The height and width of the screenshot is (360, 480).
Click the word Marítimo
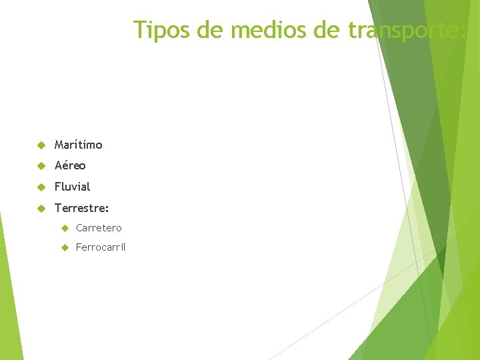79,145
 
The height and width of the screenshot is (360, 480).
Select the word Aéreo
70,165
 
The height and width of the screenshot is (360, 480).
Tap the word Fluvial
72,187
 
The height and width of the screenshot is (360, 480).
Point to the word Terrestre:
81,209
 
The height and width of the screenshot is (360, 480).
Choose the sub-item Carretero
99,228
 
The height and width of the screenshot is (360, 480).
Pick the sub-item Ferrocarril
101,248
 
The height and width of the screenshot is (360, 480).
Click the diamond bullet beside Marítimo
40,145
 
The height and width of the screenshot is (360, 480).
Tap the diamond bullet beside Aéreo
40,165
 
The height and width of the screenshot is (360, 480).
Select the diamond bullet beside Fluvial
40,187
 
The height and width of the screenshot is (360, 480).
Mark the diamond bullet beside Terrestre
40,209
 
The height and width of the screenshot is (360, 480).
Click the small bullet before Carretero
65,228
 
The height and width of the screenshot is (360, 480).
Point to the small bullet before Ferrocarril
65,248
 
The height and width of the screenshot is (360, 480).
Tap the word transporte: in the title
407,30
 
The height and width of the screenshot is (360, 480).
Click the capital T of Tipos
139,30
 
